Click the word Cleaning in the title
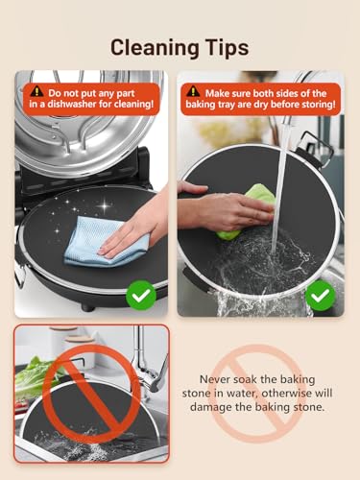pyautogui.click(x=156, y=48)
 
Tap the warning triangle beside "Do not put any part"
pyautogui.click(x=37, y=92)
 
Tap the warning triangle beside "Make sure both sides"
pyautogui.click(x=193, y=92)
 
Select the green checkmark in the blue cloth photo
pyautogui.click(x=141, y=296)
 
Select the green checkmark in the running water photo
pyautogui.click(x=321, y=296)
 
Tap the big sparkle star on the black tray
pyautogui.click(x=105, y=204)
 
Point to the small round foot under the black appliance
pyautogui.click(x=87, y=308)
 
